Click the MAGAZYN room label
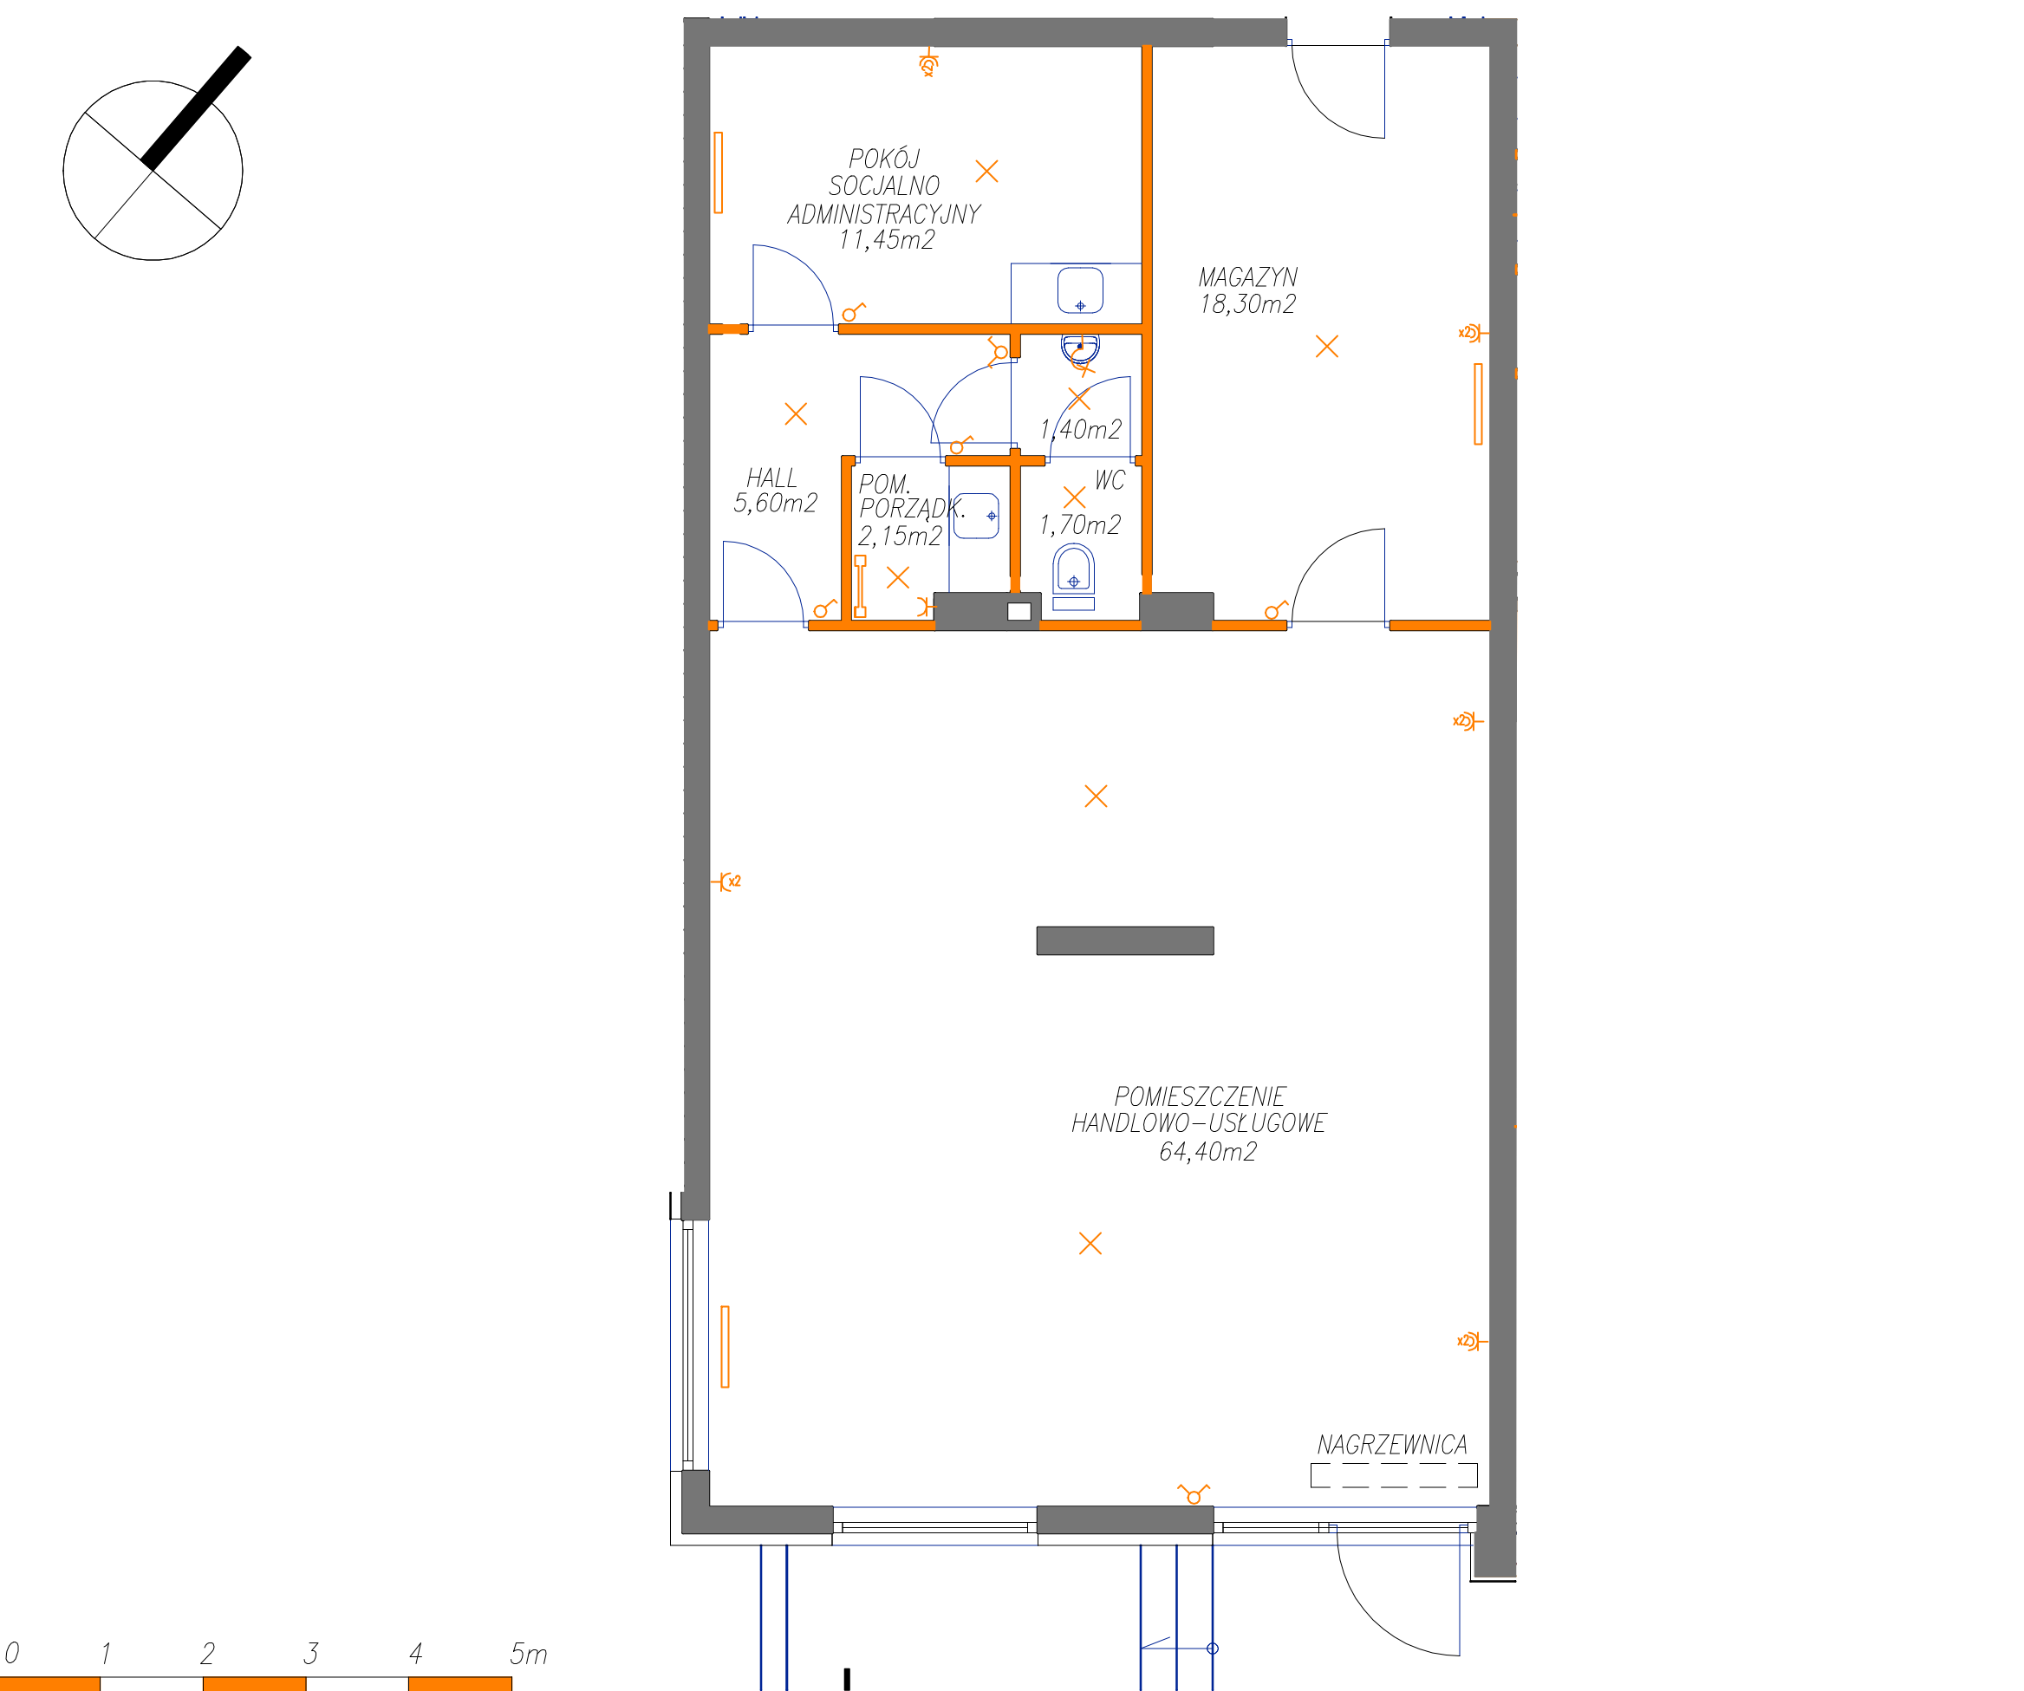pos(1247,277)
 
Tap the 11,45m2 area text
pos(887,240)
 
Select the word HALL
pos(771,478)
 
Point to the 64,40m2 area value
pos(1207,1151)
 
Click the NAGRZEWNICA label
pos(1392,1446)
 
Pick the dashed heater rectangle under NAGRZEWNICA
pos(1394,1475)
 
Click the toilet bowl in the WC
pos(1074,569)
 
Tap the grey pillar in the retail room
pos(1125,940)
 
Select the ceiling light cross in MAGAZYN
pos(1327,346)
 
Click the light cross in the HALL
pos(796,414)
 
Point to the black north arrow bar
pos(197,108)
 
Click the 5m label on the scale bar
pos(528,1655)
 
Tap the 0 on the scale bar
pos(11,1654)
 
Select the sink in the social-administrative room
pos(1080,290)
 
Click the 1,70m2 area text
pos(1079,525)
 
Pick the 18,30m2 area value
pos(1247,304)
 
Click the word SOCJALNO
pos(884,186)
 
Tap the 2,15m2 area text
pos(901,537)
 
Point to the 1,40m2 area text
pos(1080,430)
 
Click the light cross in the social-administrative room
pos(987,172)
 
